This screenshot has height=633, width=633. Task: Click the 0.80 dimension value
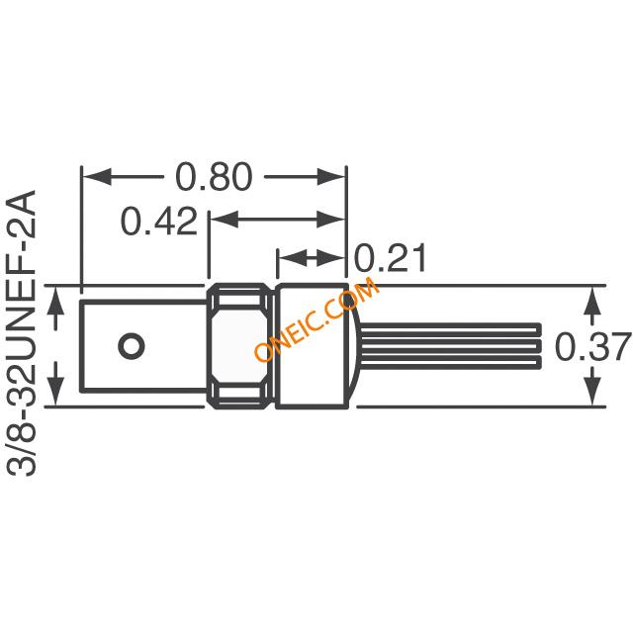coord(214,177)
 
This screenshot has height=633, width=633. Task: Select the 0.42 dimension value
coord(159,221)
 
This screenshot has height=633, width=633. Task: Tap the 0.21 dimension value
coord(390,258)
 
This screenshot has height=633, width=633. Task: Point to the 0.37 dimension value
coord(592,346)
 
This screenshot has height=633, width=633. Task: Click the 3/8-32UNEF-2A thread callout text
coord(22,333)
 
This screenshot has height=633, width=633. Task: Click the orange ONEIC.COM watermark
coord(316,318)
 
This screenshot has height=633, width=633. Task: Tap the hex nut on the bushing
coord(239,346)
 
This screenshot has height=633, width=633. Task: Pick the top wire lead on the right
coord(450,329)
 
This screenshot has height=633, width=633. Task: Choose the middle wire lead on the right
coord(450,345)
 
